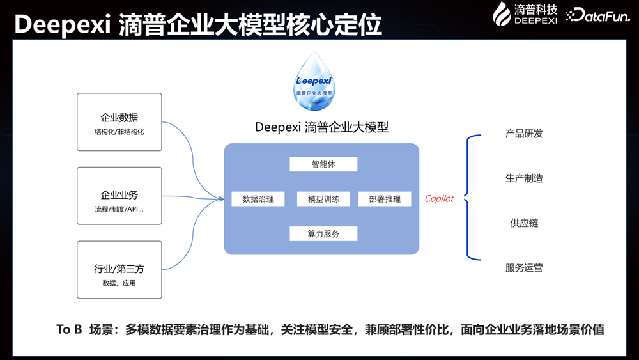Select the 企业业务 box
point(119,196)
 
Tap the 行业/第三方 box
point(119,269)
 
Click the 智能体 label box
point(323,164)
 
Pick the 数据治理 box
point(258,199)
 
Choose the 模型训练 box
point(323,199)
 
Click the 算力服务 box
point(323,233)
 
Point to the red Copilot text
point(439,199)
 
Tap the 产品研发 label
point(524,134)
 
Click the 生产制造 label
point(524,178)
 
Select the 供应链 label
point(524,223)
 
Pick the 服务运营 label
point(524,268)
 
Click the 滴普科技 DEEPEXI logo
point(527,13)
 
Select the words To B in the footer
point(70,330)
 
